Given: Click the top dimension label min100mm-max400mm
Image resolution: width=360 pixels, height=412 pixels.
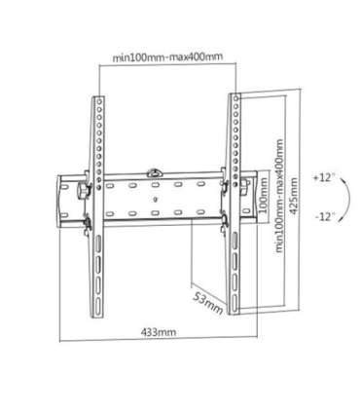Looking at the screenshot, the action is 167,56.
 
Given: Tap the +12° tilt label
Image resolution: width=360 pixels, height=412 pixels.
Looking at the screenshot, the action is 324,179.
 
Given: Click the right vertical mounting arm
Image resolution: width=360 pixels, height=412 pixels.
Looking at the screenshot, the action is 236,200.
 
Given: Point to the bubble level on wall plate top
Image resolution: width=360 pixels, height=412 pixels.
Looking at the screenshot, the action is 155,174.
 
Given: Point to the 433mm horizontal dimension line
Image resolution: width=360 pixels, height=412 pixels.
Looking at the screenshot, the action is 146,341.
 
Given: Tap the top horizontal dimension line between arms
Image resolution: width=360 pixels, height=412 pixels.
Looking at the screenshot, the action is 167,64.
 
